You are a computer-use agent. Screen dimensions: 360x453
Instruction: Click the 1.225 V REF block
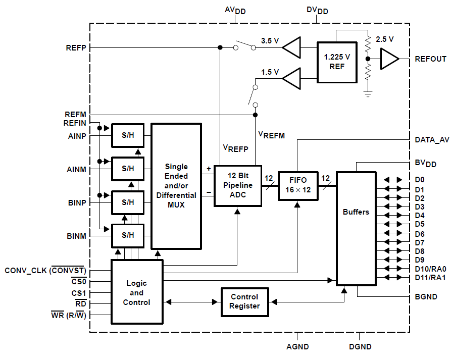coord(336,61)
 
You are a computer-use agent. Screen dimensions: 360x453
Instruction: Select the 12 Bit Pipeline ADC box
coord(238,185)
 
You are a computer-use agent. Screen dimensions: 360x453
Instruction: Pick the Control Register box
coord(245,301)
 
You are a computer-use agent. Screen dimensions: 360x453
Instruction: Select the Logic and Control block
coord(136,292)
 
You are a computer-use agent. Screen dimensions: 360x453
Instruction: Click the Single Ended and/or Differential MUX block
coord(176,186)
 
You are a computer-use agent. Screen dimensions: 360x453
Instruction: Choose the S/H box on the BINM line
coord(128,235)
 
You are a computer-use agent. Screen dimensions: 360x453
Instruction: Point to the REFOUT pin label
coord(430,59)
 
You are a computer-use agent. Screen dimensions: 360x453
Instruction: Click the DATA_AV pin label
coord(432,140)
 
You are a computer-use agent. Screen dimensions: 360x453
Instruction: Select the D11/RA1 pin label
coord(430,278)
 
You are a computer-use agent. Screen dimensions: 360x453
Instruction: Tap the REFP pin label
coord(76,48)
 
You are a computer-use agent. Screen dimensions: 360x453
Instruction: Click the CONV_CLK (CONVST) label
coord(45,271)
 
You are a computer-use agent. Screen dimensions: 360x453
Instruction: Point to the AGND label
coord(297,347)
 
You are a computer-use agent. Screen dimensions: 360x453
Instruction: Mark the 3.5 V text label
coord(270,41)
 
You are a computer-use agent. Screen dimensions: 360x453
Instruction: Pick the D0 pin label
coord(420,179)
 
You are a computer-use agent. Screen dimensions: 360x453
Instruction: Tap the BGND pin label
coord(426,297)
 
